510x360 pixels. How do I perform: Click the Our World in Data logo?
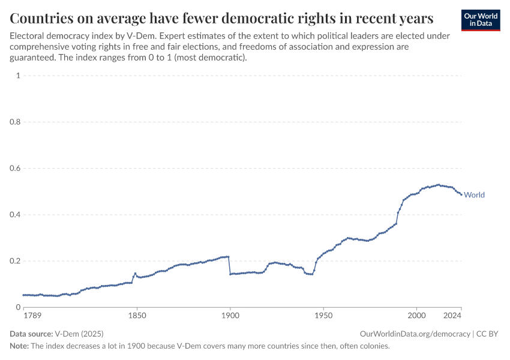click(480, 19)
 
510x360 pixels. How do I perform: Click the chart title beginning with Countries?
click(221, 17)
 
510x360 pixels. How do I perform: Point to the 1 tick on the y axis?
click(18, 76)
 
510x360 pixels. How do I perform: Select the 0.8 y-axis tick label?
click(15, 122)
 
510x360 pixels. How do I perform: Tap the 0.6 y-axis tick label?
click(15, 169)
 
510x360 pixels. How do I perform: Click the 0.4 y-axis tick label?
click(15, 215)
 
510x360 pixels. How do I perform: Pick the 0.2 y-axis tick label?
click(15, 261)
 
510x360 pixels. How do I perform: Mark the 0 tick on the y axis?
click(18, 307)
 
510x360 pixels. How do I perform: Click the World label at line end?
click(474, 195)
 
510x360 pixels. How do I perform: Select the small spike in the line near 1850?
click(135, 274)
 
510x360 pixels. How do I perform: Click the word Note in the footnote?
click(19, 346)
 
